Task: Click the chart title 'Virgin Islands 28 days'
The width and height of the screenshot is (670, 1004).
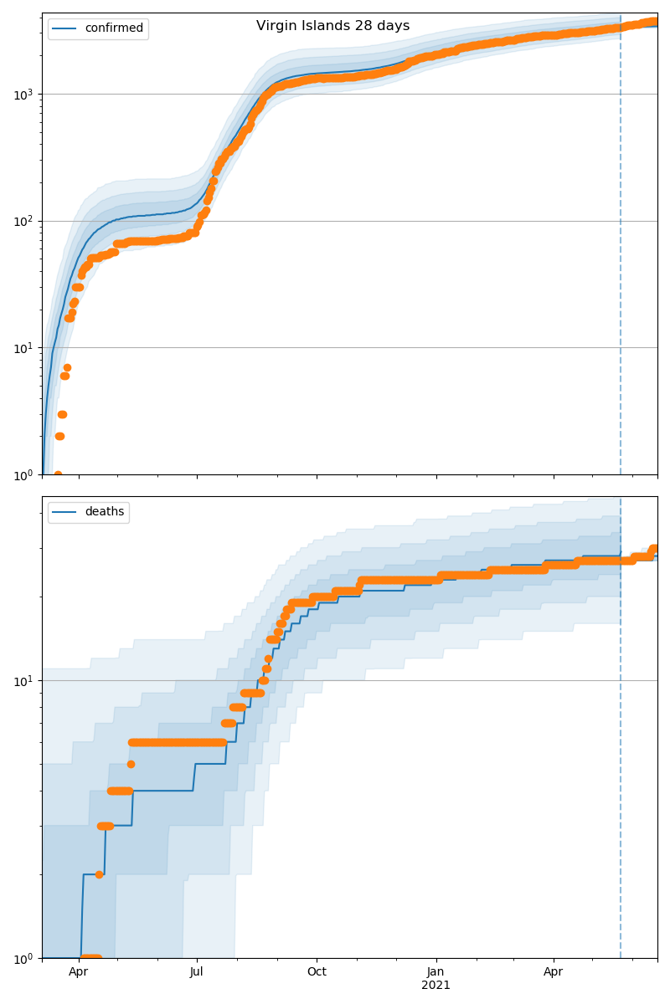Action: point(332,26)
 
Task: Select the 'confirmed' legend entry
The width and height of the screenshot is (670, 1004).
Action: point(114,28)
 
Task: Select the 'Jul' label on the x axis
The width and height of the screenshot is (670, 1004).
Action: point(197,972)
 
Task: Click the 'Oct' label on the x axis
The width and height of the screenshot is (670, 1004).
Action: point(317,972)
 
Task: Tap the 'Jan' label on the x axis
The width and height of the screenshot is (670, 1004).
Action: point(435,972)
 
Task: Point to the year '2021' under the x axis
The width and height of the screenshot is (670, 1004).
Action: point(435,985)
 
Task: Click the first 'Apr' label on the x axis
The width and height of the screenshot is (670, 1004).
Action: point(79,972)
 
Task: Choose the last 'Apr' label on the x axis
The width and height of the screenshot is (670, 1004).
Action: point(554,972)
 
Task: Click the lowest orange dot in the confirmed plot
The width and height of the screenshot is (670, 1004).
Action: point(58,474)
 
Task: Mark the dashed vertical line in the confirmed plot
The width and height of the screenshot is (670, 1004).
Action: point(621,251)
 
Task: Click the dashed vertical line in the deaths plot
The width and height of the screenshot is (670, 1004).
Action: point(621,753)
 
